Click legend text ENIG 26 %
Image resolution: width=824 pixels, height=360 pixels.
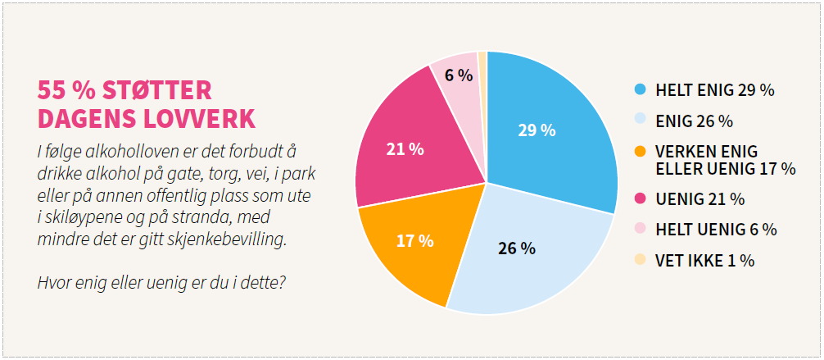694,121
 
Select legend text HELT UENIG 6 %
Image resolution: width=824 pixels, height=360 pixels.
716,230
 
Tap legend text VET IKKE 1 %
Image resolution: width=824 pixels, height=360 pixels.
704,261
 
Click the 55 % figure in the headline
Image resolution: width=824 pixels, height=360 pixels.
62,90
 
